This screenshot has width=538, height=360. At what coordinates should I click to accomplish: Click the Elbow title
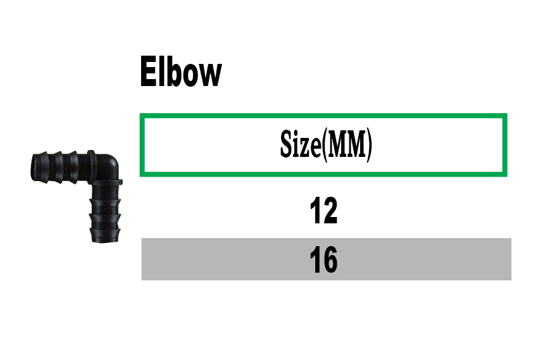[x=181, y=71]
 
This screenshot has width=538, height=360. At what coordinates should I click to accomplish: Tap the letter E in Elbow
[x=148, y=71]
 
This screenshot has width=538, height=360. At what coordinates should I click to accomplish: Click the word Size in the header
[x=301, y=144]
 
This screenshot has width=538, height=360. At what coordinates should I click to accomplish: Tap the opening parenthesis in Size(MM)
[x=323, y=145]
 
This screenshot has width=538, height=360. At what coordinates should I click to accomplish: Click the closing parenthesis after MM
[x=369, y=145]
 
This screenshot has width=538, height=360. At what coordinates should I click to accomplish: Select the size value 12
[x=323, y=211]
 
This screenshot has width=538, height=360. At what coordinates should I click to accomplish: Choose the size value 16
[x=323, y=260]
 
